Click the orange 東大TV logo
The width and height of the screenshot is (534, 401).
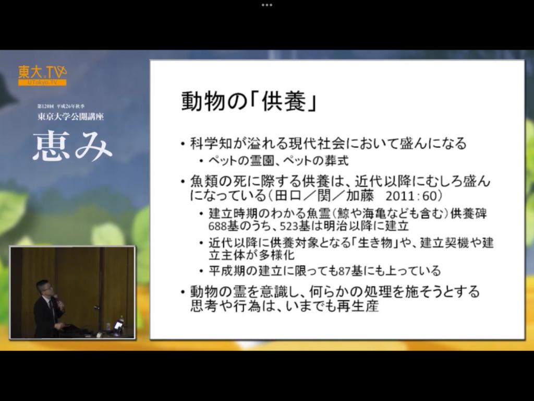(43, 75)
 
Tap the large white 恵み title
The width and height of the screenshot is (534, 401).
(72, 147)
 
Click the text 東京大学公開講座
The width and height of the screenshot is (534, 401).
(70, 116)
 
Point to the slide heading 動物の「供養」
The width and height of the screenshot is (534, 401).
(249, 101)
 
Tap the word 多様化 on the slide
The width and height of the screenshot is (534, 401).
(277, 255)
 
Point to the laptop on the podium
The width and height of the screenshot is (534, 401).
(118, 326)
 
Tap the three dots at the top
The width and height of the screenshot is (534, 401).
(267, 5)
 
